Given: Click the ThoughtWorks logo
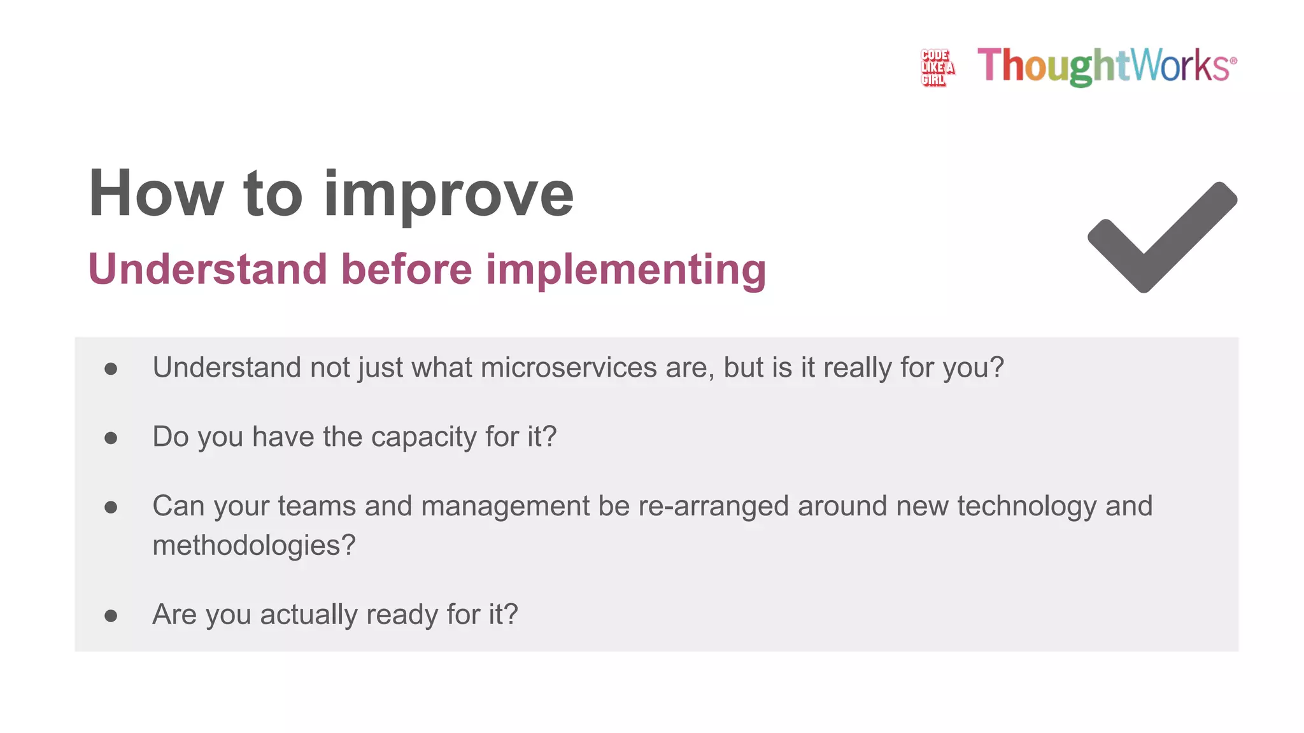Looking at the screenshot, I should [x=1107, y=66].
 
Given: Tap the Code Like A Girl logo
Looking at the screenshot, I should [x=937, y=67].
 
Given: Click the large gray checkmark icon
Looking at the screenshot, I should [x=1162, y=237].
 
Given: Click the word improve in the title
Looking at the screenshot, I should [x=449, y=194].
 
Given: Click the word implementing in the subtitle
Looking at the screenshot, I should [x=626, y=270].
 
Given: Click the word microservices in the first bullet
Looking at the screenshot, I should [x=569, y=368].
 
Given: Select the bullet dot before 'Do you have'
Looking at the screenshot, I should [x=111, y=438].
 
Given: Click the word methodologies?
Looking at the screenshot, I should [x=253, y=546].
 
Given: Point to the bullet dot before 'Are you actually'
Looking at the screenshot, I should [x=111, y=615].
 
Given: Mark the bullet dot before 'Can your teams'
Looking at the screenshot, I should [x=111, y=507].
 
